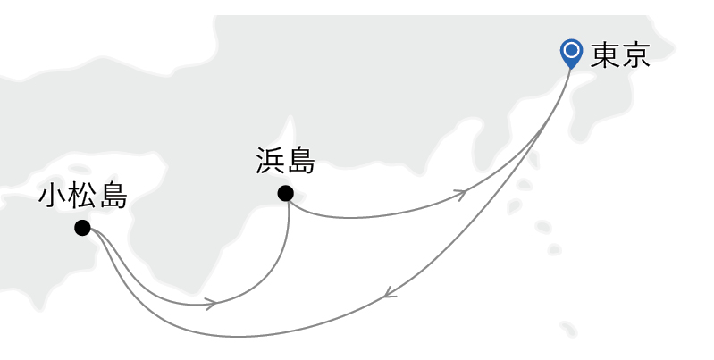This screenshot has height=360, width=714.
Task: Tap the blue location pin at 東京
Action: point(571,54)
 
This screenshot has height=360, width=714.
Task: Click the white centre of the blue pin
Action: point(571,50)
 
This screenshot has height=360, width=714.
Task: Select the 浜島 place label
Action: point(285,162)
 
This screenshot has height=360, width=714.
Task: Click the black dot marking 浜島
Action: point(285,193)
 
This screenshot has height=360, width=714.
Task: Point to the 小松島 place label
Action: point(83,196)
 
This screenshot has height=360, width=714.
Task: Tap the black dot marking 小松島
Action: point(82,228)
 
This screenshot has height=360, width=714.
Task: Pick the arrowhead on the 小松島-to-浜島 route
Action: point(211,304)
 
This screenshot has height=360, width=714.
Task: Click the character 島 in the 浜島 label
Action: point(300,162)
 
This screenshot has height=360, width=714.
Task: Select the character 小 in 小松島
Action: point(53,196)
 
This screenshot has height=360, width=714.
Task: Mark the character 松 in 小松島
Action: point(83,196)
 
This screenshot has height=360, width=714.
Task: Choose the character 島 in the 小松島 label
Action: point(113,196)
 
